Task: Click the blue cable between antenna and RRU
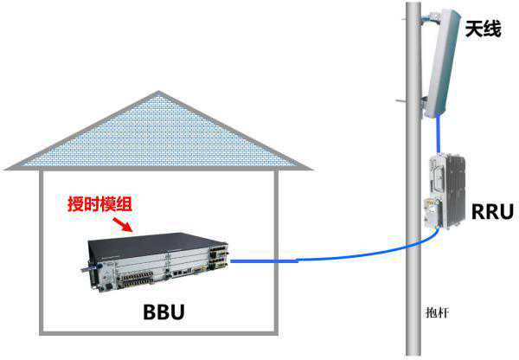tap(439, 135)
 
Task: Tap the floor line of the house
tap(161, 333)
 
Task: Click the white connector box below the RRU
tap(430, 212)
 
